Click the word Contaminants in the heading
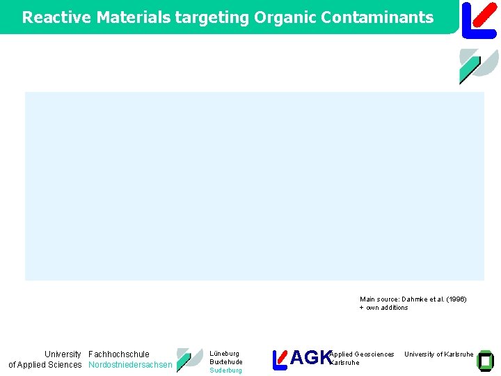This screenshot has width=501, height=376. [379, 17]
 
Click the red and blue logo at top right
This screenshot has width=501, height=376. [479, 19]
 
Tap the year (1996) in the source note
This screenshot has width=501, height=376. [456, 299]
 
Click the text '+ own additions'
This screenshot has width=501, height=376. [383, 308]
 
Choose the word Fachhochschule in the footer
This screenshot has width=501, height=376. [119, 354]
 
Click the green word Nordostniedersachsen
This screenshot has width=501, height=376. [130, 365]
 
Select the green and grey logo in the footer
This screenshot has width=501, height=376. [189, 359]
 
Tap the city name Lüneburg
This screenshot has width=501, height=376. [224, 354]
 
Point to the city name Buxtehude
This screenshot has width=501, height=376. [226, 362]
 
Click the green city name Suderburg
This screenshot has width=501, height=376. [226, 370]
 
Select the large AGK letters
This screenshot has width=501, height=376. [310, 358]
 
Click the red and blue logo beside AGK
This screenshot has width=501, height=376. [280, 359]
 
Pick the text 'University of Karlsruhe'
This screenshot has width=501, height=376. [439, 354]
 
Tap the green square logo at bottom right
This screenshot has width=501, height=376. [484, 360]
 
